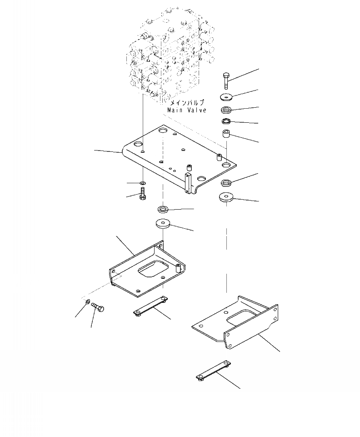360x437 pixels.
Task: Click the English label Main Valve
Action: click(x=187, y=110)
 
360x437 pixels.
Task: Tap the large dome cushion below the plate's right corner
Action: click(x=226, y=197)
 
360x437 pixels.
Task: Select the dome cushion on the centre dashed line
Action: click(x=163, y=223)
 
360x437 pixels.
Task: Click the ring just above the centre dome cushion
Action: click(x=163, y=209)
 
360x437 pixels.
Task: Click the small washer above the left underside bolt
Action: click(x=143, y=183)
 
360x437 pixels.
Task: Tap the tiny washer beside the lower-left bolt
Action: click(x=87, y=302)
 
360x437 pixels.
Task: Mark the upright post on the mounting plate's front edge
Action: click(x=188, y=181)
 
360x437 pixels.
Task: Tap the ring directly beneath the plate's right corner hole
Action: click(x=226, y=183)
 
